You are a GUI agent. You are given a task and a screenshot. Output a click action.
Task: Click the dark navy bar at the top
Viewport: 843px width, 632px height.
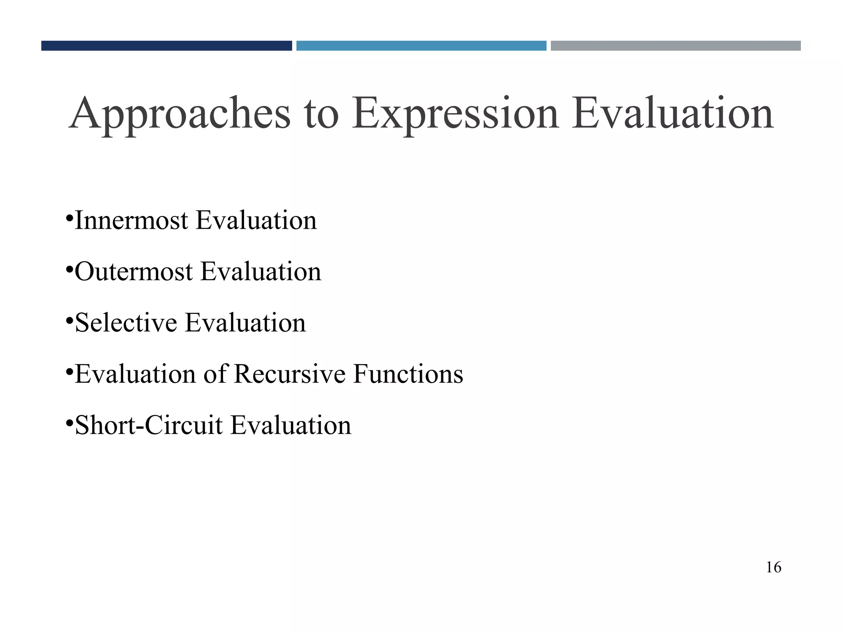pyautogui.click(x=166, y=46)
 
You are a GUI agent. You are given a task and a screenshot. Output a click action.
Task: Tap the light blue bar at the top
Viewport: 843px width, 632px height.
pyautogui.click(x=421, y=46)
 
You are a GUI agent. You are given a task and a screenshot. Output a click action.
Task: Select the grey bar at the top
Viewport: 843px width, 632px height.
pyautogui.click(x=675, y=46)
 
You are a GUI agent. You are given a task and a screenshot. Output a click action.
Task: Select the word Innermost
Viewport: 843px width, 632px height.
pyautogui.click(x=131, y=221)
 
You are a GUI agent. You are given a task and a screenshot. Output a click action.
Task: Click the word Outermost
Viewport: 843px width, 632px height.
pyautogui.click(x=134, y=272)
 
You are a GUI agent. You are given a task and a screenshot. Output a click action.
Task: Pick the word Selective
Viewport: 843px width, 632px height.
pyautogui.click(x=126, y=323)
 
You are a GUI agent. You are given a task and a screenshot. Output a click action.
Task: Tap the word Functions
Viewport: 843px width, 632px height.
pyautogui.click(x=408, y=374)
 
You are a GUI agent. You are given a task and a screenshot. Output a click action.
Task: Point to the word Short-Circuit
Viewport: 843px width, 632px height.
pyautogui.click(x=149, y=425)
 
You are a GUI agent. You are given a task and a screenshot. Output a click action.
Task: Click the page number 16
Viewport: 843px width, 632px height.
pyautogui.click(x=773, y=567)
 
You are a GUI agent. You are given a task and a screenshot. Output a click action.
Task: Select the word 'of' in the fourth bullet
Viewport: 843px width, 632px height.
pyautogui.click(x=215, y=374)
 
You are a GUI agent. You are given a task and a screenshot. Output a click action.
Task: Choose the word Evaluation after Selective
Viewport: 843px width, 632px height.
pyautogui.click(x=245, y=323)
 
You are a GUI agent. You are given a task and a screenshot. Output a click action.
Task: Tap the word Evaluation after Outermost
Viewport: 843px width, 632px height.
pyautogui.click(x=261, y=272)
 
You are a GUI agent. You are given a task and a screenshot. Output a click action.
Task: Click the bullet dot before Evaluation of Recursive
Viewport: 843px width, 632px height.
pyautogui.click(x=69, y=371)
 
